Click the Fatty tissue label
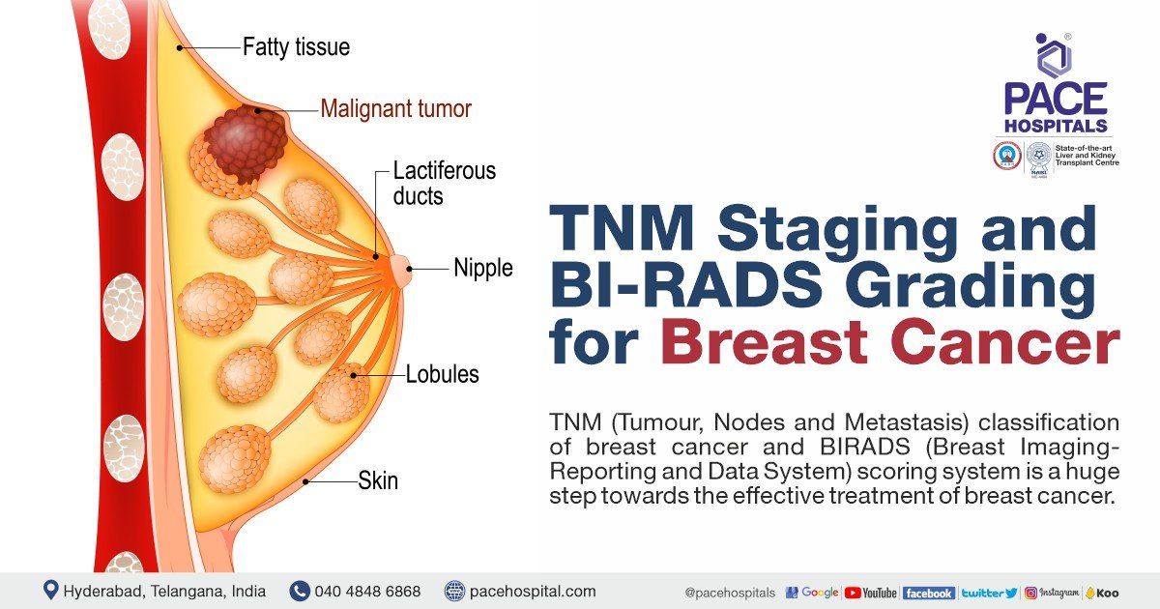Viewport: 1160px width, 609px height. tap(296, 47)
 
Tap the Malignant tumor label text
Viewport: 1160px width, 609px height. tap(396, 108)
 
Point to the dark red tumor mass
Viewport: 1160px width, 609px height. tap(246, 142)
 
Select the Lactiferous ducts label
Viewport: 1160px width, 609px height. tap(445, 184)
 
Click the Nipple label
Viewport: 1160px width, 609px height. tap(483, 269)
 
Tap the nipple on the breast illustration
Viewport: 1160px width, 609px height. tap(401, 270)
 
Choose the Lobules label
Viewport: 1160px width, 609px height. tap(443, 374)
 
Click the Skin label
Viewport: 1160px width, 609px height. tap(378, 480)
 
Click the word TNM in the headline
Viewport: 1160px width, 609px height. tap(622, 228)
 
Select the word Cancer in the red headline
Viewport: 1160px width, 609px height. tap(1005, 342)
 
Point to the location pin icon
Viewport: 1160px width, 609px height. tap(50, 590)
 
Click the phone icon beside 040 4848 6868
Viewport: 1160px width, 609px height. tap(300, 591)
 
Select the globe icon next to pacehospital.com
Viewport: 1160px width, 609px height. tap(454, 591)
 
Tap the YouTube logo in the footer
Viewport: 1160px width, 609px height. tap(871, 593)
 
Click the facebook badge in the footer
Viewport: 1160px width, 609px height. tap(929, 593)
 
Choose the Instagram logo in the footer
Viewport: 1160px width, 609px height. tap(1052, 593)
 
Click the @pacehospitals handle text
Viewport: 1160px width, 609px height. tap(730, 593)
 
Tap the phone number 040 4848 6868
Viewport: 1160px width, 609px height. tap(367, 591)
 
